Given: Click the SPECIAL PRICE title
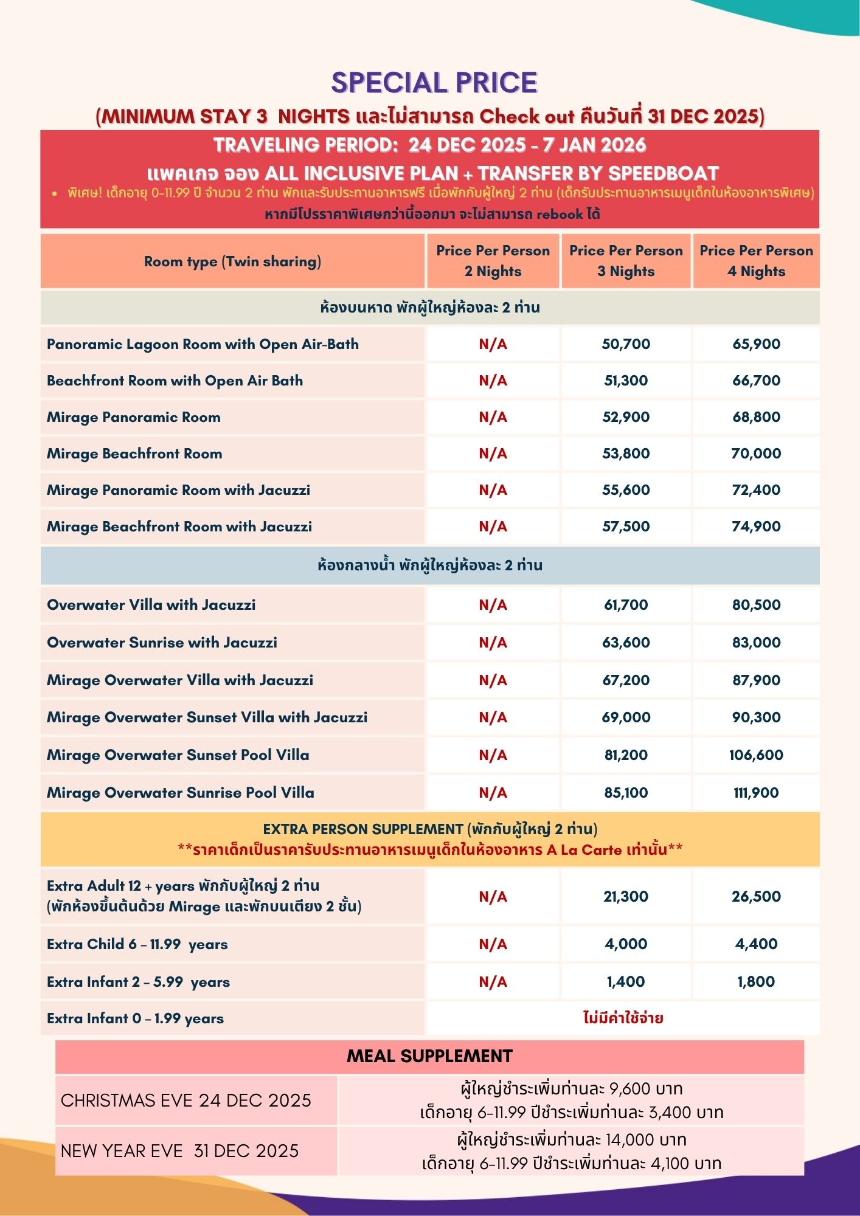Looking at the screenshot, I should [434, 83].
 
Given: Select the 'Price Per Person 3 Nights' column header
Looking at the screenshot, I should [626, 261].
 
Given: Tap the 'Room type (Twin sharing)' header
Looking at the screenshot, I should [232, 261].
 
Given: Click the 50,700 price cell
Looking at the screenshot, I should [626, 344].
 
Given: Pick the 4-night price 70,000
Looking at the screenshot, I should [756, 454].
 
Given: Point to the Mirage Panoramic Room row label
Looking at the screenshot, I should [134, 417].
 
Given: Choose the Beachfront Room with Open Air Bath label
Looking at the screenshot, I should [175, 381].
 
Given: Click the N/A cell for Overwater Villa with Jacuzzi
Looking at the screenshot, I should [493, 605].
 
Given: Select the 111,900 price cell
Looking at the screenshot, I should [756, 793].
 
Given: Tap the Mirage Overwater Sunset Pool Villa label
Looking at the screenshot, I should [178, 755].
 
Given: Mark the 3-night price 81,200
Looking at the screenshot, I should [626, 755].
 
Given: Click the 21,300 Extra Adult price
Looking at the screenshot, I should [626, 896].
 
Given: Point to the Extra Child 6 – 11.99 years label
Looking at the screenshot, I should [137, 944].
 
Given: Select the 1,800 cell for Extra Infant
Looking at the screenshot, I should [756, 982].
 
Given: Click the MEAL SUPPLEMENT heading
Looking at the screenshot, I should [429, 1056].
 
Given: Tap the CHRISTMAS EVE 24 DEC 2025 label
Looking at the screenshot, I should [186, 1100].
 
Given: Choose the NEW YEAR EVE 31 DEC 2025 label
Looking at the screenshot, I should [180, 1151].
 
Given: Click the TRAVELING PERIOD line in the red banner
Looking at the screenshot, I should [429, 145].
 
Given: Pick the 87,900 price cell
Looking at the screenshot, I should [756, 680].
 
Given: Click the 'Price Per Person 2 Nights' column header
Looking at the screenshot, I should [493, 261].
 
